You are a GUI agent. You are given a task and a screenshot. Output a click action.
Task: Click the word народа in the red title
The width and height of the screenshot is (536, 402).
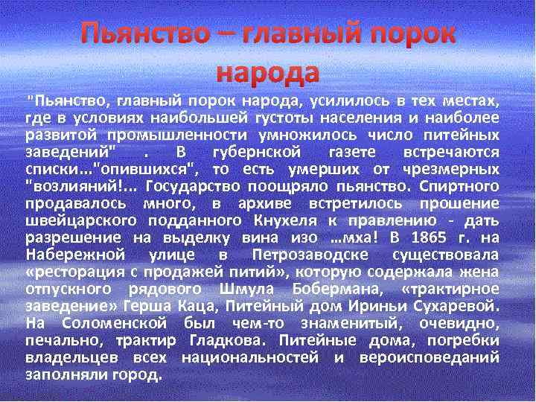[x=267, y=72]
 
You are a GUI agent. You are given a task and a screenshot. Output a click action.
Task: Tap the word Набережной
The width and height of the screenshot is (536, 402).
[x=68, y=255]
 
